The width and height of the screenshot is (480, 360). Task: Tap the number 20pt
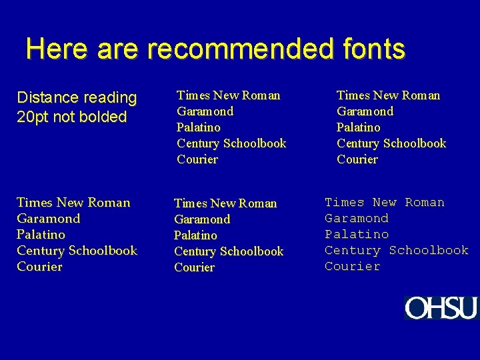tap(34, 117)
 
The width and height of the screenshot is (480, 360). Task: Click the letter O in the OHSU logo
tap(417, 308)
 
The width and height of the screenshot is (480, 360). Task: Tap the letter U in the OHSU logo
tap(468, 308)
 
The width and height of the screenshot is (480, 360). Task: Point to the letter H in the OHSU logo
tap(437, 308)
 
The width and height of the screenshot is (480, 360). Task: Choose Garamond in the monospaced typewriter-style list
tap(357, 218)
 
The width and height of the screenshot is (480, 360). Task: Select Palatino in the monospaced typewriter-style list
tap(357, 234)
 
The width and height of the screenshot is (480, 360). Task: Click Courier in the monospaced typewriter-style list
tap(353, 266)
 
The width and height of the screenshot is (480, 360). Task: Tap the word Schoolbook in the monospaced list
tap(429, 250)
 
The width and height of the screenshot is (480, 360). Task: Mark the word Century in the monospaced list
tap(353, 250)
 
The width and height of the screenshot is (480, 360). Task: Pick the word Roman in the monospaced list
tap(425, 202)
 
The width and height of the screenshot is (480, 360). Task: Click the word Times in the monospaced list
tap(345, 202)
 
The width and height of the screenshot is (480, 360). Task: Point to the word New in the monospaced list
tap(385, 202)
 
